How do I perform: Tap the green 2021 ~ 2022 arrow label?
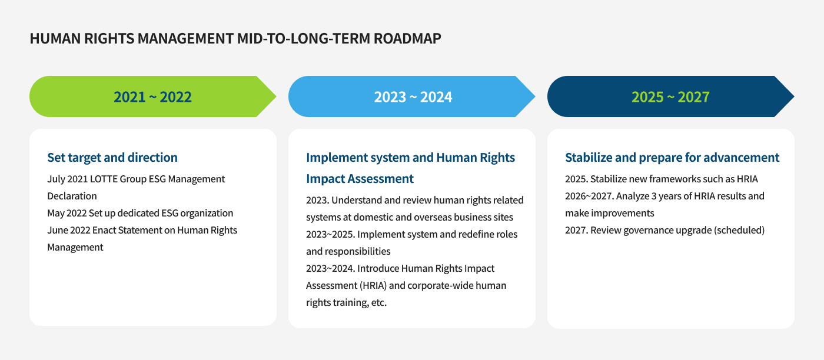point(152,96)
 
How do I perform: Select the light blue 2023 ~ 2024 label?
point(413,96)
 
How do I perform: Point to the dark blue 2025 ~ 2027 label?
point(670,96)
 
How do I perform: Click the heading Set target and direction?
point(112,158)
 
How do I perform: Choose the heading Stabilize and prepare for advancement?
point(672,158)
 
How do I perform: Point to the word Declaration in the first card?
point(72,196)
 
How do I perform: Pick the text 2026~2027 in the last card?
point(589,196)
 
